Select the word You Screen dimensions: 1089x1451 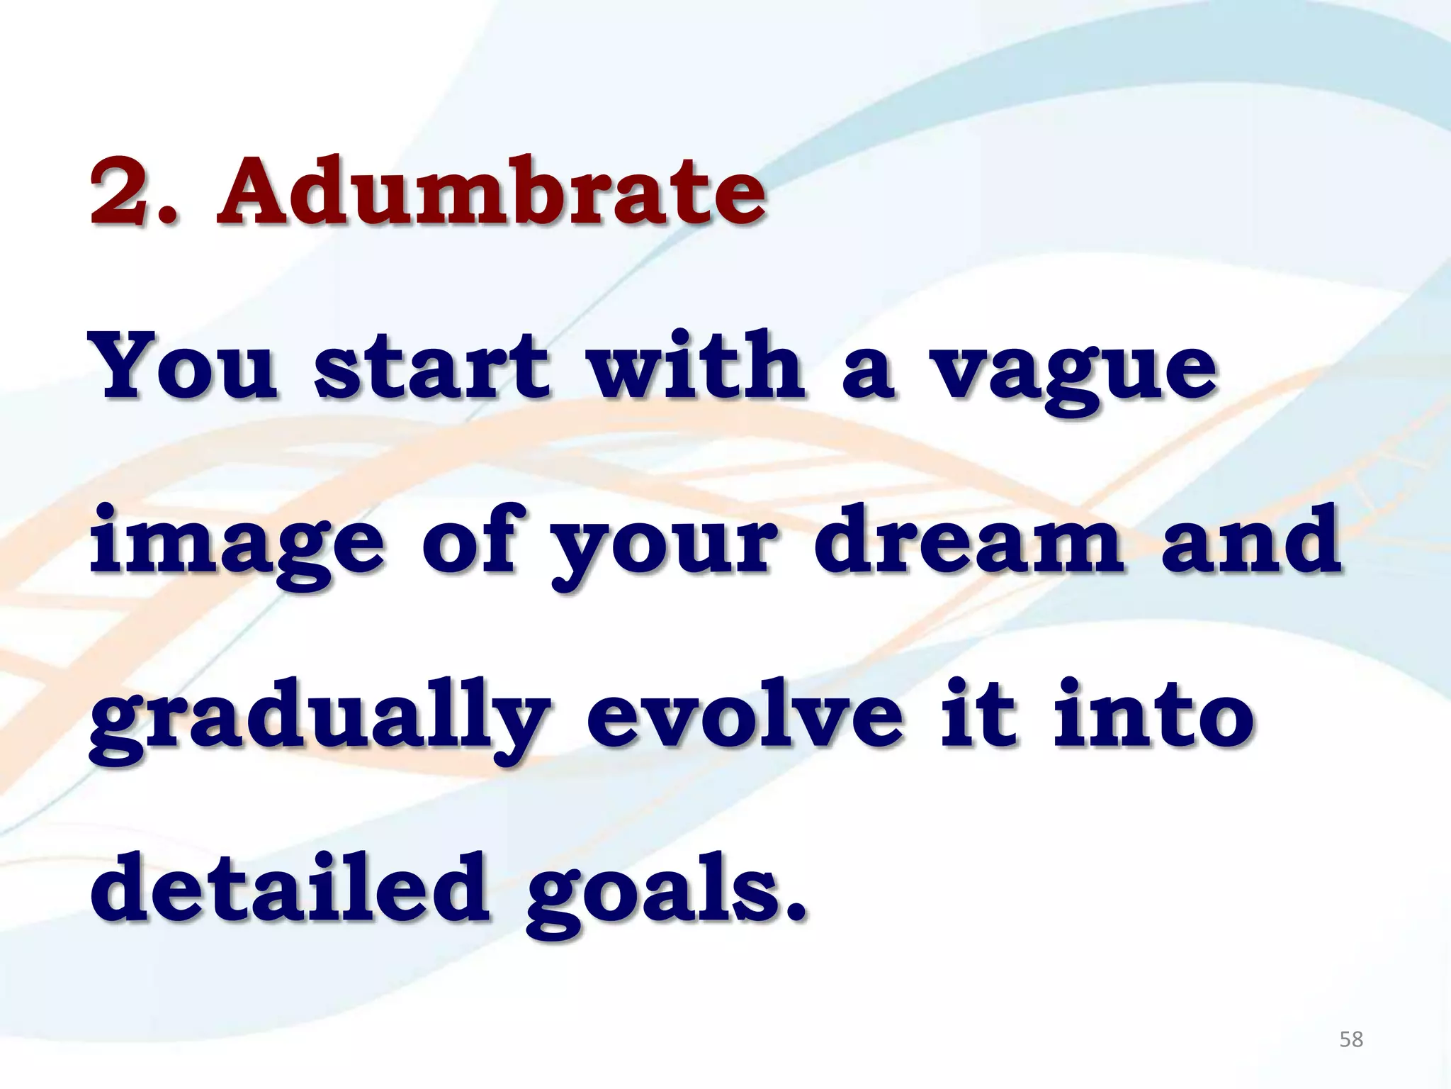[x=186, y=367]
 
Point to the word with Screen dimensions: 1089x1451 [x=698, y=367]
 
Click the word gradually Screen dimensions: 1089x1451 [x=319, y=720]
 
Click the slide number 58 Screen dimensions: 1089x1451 [x=1351, y=1040]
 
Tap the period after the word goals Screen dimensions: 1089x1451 [x=795, y=911]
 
